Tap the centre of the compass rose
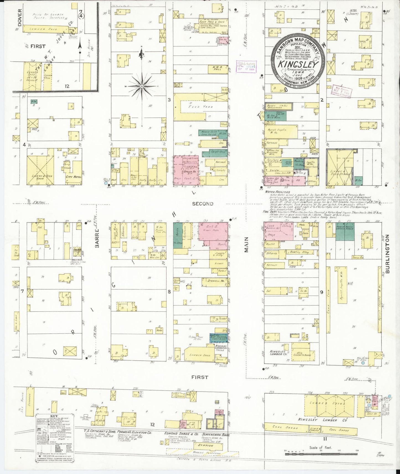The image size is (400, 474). click(142, 86)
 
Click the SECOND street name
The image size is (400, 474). click(203, 204)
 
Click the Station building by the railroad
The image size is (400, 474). click(207, 445)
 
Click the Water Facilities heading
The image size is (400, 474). click(278, 192)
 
